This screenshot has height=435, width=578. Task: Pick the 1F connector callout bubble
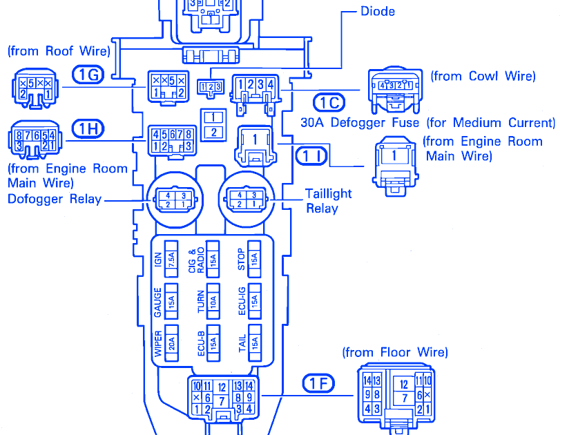point(318,383)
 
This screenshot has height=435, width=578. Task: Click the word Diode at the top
point(378,11)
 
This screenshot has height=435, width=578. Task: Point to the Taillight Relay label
point(328,200)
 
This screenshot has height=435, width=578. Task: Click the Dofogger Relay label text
point(55,200)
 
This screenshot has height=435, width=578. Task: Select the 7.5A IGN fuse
point(171,258)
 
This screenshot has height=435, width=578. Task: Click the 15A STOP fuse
point(254,258)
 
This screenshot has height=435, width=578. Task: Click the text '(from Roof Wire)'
point(59,51)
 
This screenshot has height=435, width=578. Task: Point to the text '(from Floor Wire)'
point(395,352)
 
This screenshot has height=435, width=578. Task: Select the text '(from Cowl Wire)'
point(483,76)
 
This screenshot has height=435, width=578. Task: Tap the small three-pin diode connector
point(210,86)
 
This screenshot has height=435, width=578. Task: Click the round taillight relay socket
point(247,200)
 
